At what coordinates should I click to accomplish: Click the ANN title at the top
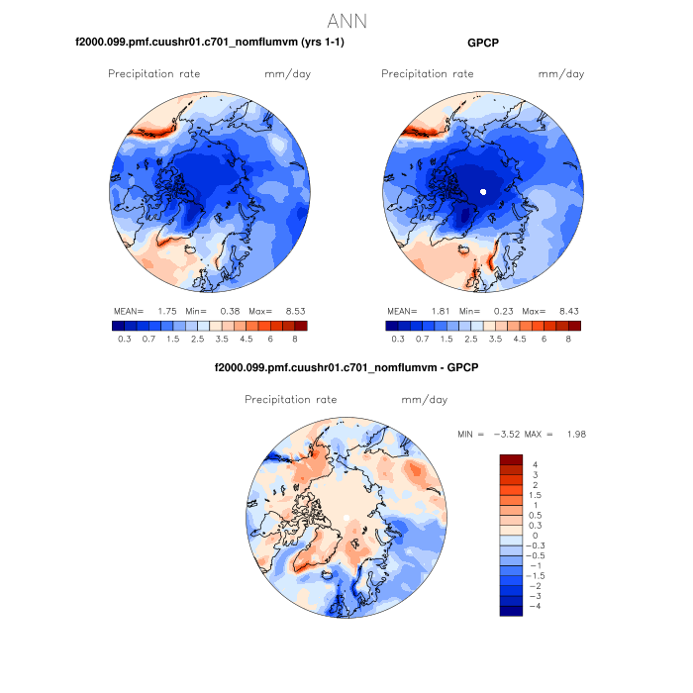[347, 21]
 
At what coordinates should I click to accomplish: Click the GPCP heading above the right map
[484, 43]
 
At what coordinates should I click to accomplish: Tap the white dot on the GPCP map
[483, 190]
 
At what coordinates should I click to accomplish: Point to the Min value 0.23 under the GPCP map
[497, 311]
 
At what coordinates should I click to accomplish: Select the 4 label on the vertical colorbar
[535, 465]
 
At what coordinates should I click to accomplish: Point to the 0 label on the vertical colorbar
[535, 536]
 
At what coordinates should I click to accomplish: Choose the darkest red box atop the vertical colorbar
[511, 458]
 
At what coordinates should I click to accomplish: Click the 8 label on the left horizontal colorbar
[295, 339]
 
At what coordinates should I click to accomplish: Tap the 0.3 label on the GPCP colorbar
[397, 339]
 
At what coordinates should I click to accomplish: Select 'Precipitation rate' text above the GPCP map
[427, 74]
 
